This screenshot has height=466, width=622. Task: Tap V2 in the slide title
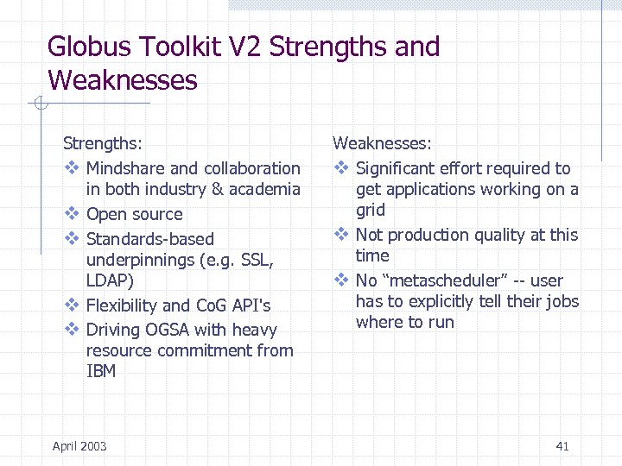pos(245,47)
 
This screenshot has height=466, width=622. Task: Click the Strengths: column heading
pos(103,142)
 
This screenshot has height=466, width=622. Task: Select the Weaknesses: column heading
pos(382,142)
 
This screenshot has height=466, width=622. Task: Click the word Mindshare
pos(125,168)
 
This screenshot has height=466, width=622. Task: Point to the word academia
pos(264,189)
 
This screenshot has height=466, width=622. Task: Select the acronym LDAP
pos(107,280)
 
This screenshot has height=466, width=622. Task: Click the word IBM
pos(101,371)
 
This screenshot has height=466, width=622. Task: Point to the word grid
pos(371,210)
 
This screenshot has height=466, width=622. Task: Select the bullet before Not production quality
pos(341,234)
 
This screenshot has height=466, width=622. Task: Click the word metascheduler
pos(448,280)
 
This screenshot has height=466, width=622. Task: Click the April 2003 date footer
pos(79,446)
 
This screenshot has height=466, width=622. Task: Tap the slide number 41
pos(562,446)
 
